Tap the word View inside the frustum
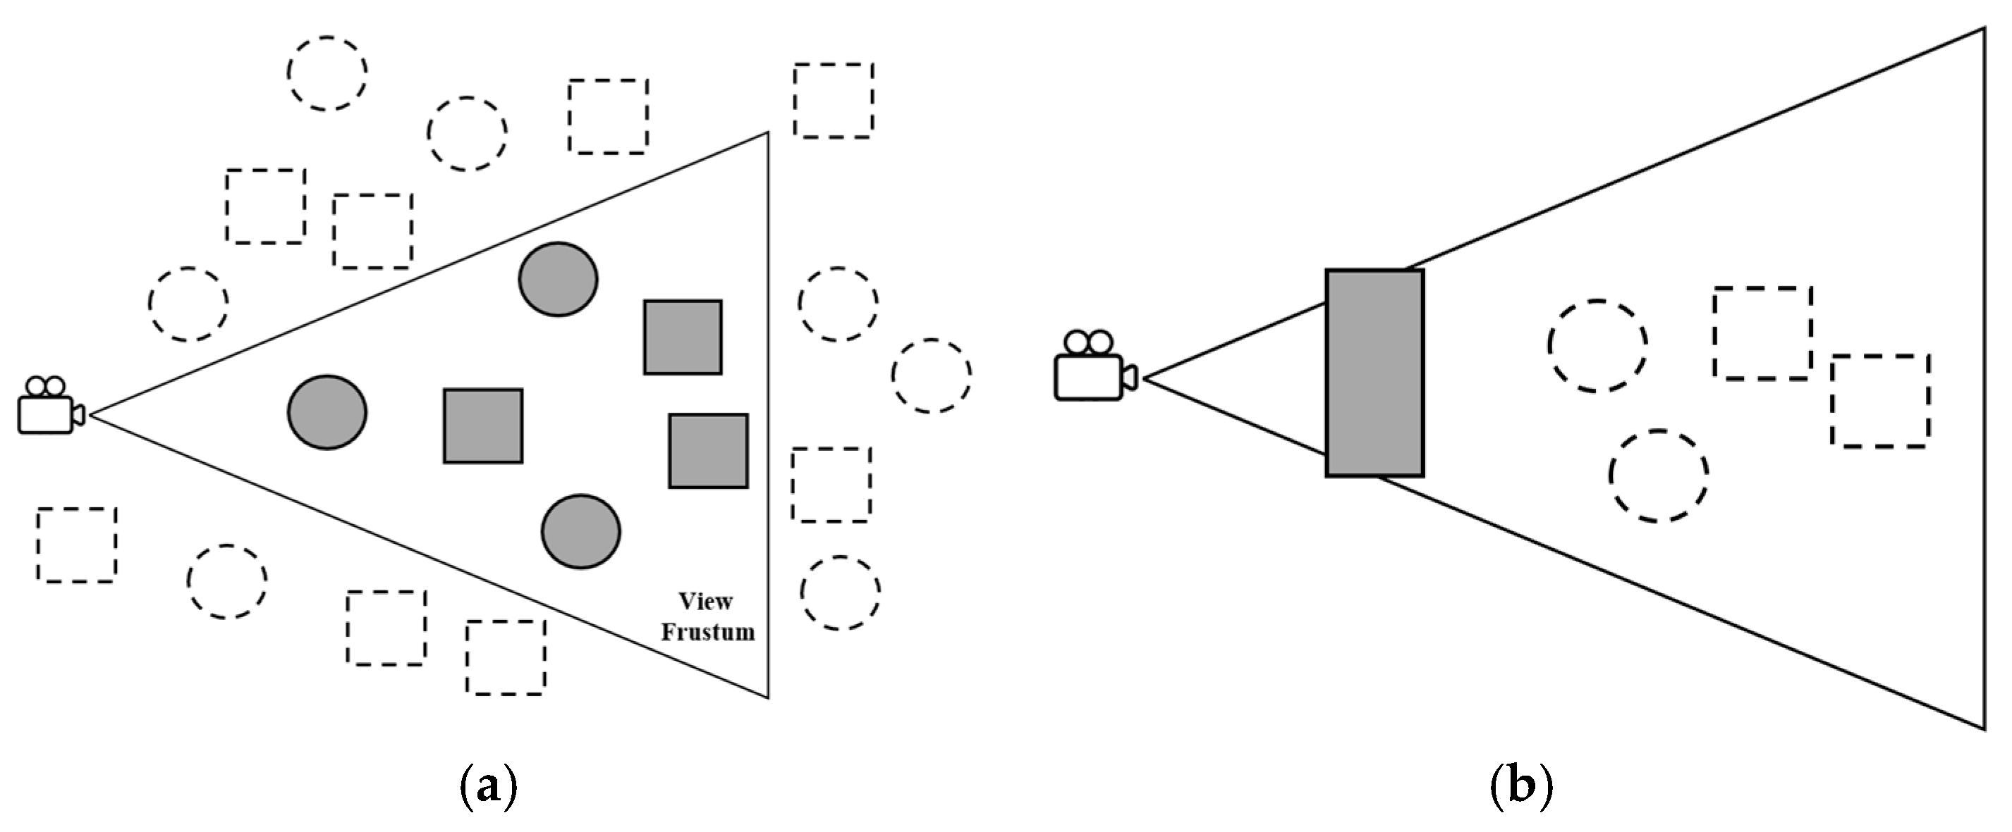(x=705, y=602)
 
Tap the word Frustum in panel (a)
(x=707, y=632)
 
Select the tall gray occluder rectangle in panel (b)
(x=1374, y=373)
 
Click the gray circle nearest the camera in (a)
(x=327, y=412)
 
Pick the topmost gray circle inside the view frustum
(x=558, y=280)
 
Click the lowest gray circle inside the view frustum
(x=581, y=531)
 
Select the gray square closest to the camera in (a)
(x=482, y=426)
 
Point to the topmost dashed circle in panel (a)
(x=327, y=73)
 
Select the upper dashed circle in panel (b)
(x=1597, y=346)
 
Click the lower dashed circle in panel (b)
(x=1657, y=476)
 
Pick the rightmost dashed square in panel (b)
(x=1880, y=401)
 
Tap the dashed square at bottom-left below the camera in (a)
(x=77, y=545)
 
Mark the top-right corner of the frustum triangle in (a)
(x=768, y=133)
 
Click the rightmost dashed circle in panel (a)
(x=931, y=376)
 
